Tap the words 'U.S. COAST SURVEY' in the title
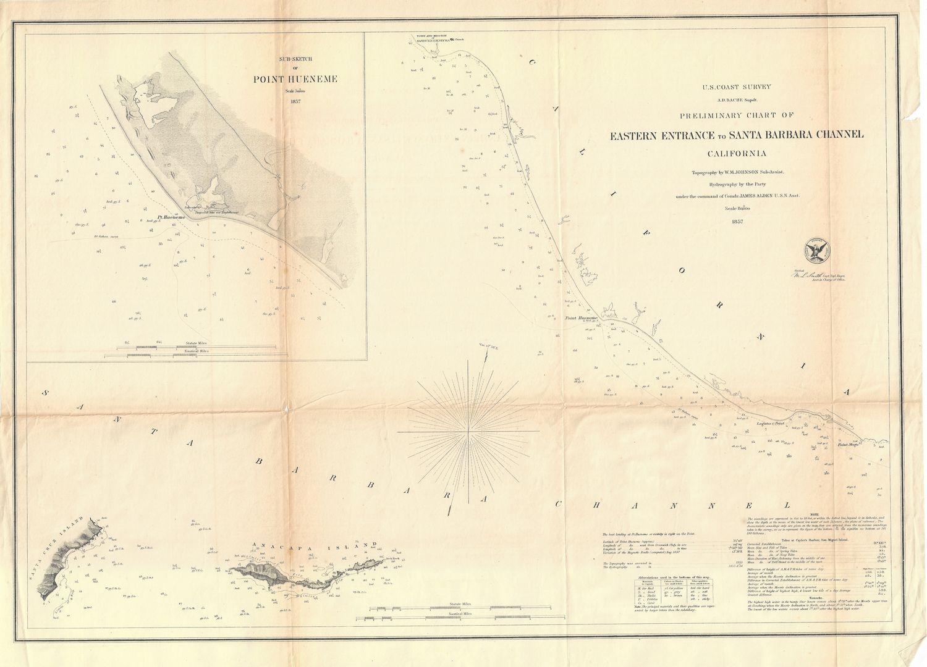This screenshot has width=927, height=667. [x=737, y=88]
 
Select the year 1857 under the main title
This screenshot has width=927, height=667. [x=737, y=221]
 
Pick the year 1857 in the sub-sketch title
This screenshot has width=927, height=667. [x=288, y=101]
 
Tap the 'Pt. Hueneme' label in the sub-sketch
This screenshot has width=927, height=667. [x=168, y=217]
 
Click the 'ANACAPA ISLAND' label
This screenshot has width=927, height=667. [x=315, y=545]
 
